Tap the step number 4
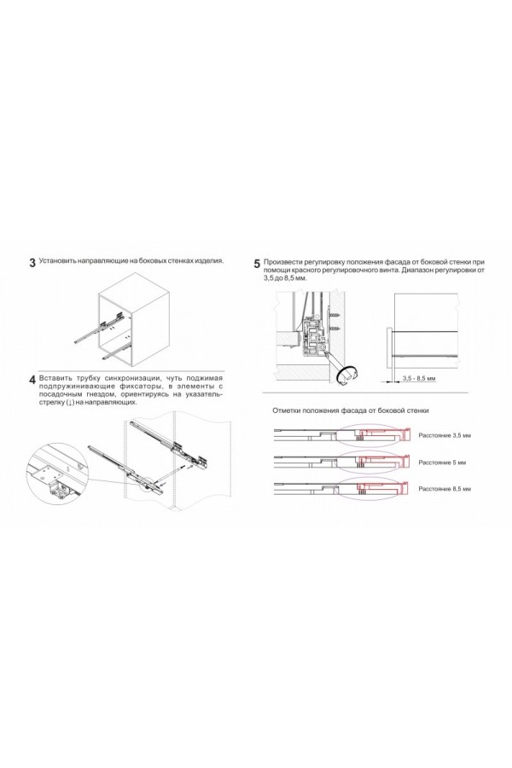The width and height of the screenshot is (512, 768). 32,379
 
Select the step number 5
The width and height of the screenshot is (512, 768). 257,264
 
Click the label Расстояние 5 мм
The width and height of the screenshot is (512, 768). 439,462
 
